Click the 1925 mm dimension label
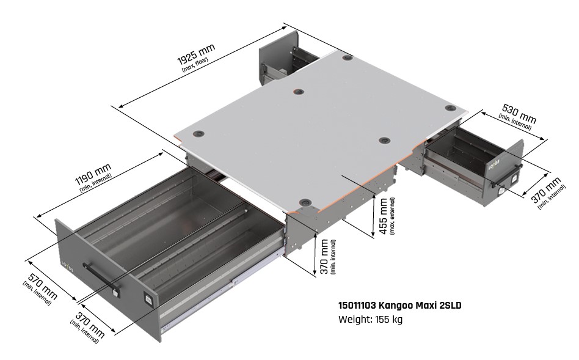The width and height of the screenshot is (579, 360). tap(196, 54)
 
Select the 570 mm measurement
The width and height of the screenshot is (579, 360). tap(43, 286)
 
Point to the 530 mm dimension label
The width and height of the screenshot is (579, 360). tap(519, 114)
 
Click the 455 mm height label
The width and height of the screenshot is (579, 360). tap(384, 216)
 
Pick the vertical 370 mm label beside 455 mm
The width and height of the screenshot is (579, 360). tap(324, 256)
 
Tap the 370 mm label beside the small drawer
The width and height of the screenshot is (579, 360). tap(546, 190)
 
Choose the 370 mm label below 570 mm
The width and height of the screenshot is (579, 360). tap(90, 325)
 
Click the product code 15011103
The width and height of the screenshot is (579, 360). tap(357, 306)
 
